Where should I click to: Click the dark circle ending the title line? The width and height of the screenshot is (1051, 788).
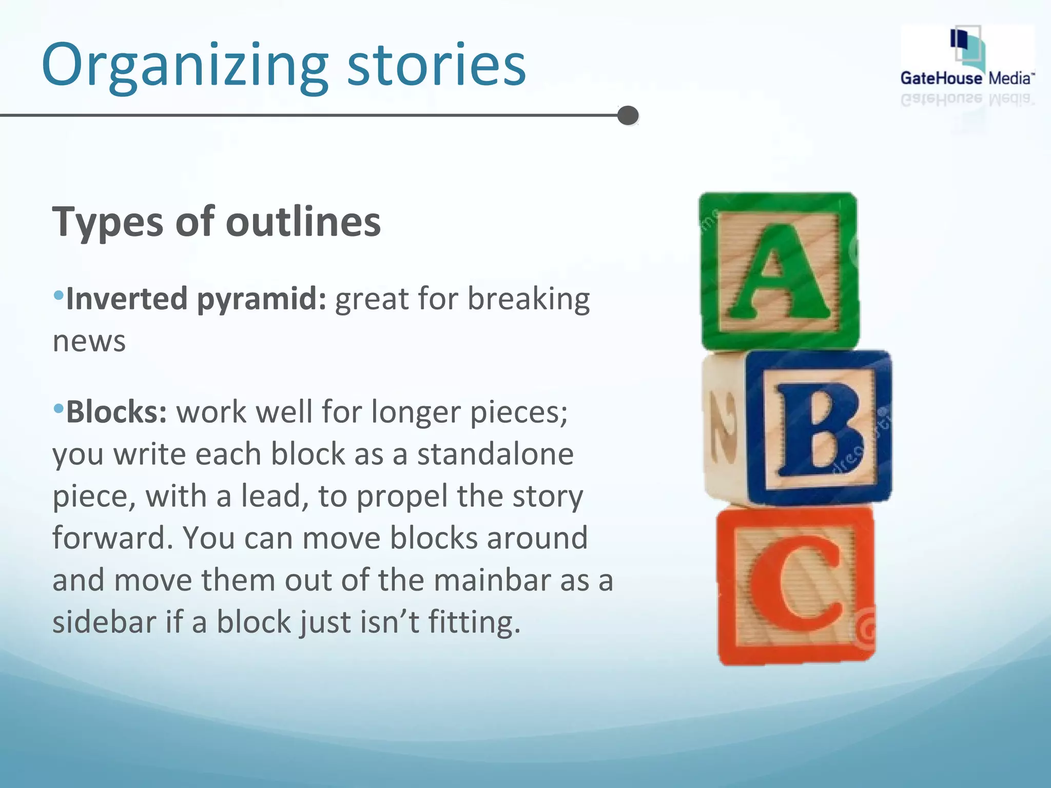tap(628, 115)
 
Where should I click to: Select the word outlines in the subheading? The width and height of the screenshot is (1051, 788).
tap(303, 222)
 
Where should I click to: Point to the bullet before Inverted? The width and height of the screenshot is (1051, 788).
tap(59, 295)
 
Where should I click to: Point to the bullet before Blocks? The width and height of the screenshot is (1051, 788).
tap(59, 409)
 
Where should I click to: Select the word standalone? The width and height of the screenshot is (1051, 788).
tap(495, 455)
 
